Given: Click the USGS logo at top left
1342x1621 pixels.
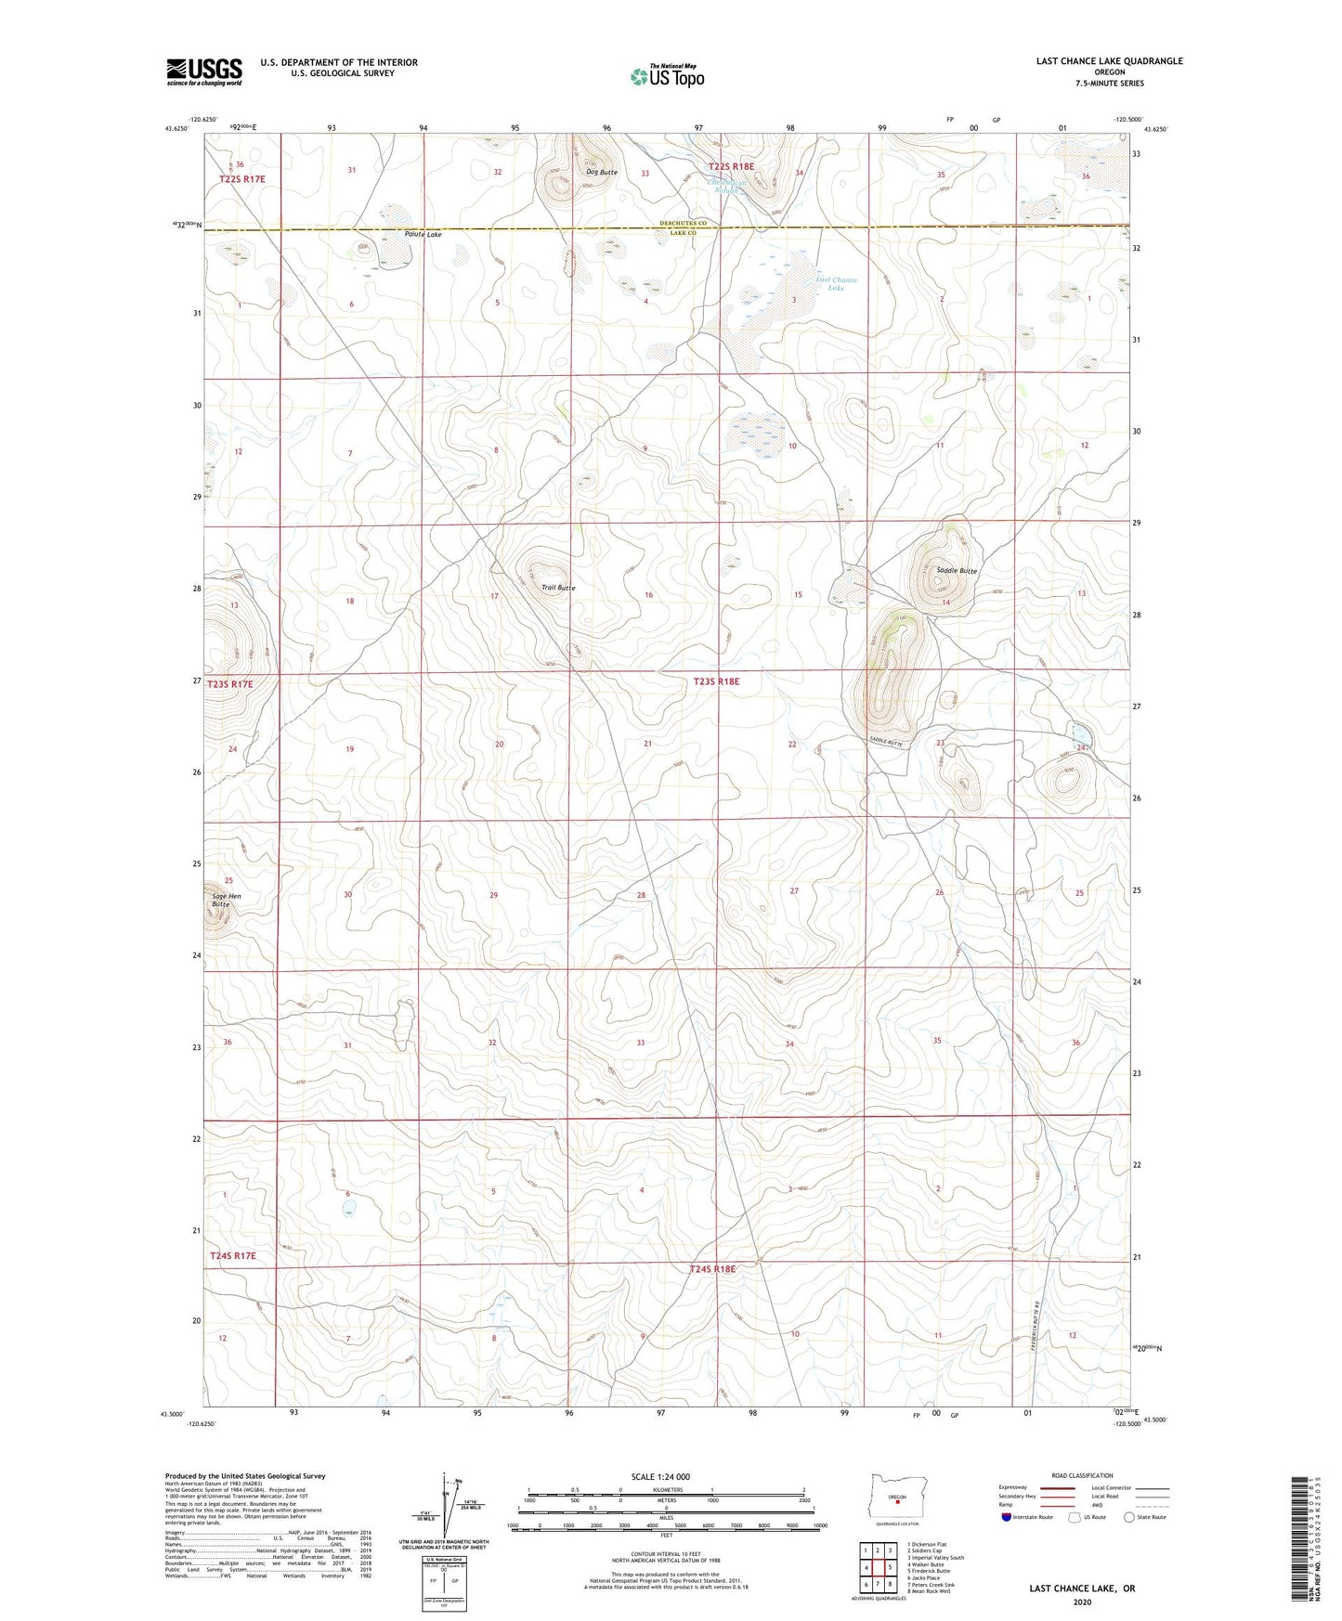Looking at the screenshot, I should tap(204, 71).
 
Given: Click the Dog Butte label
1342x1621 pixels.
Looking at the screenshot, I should tap(601, 173).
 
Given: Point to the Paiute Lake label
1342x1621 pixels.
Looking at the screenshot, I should tap(423, 235).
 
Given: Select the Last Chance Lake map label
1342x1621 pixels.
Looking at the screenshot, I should tap(836, 283).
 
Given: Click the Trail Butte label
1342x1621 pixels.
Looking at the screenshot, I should tap(558, 588).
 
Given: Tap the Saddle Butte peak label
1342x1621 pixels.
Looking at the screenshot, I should tap(957, 571).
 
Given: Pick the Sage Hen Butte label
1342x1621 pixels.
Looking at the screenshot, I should tap(227, 900).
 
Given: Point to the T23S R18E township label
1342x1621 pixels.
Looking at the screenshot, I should tap(716, 681).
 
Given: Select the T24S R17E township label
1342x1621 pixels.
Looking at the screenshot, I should tap(232, 1256).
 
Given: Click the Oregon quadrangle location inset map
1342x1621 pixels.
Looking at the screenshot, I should tap(897, 1499).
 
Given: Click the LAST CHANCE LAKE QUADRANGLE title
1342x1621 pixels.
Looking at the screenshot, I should tap(1109, 61).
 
